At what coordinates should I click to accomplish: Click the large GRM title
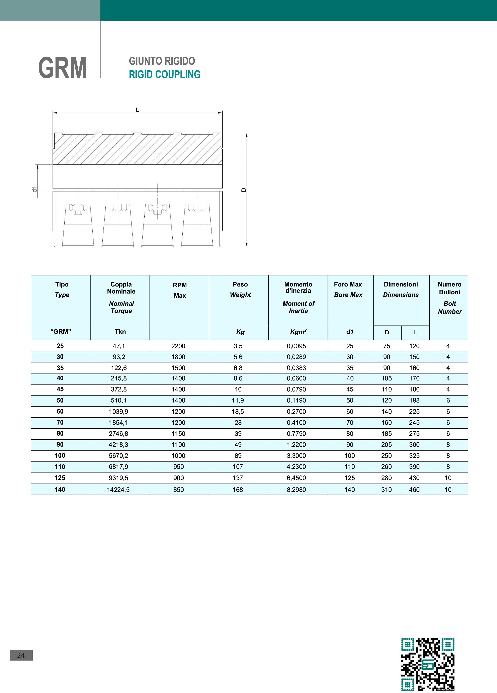coord(62,68)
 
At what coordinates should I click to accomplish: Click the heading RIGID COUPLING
coord(165,75)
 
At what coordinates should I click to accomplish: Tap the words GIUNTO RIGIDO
coord(162,61)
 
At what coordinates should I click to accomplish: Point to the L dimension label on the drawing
coord(137,110)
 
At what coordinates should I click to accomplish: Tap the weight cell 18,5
coord(238,412)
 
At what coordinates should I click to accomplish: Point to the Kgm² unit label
coord(298,332)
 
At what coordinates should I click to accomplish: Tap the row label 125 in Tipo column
coord(60,478)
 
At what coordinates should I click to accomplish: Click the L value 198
coord(414,400)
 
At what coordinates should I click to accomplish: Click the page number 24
coord(21,655)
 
